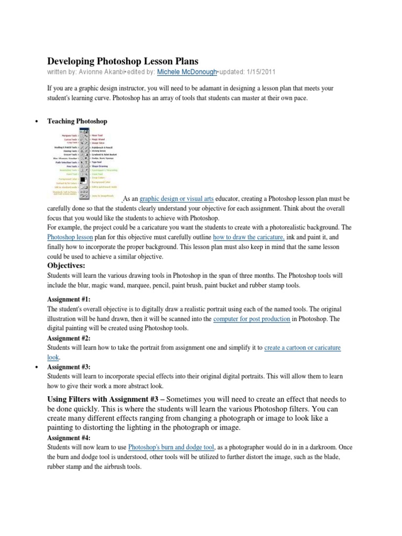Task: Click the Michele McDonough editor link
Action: click(x=186, y=71)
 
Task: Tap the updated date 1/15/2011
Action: click(x=261, y=71)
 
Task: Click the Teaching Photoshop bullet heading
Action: click(x=77, y=121)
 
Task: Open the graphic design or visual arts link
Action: click(x=170, y=199)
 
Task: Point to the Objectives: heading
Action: click(x=71, y=265)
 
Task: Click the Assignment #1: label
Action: click(x=69, y=299)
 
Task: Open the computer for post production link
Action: click(x=252, y=318)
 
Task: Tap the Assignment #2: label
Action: click(x=69, y=338)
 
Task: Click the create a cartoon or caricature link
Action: click(x=303, y=348)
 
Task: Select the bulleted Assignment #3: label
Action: click(x=69, y=367)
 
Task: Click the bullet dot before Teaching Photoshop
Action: click(x=36, y=121)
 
